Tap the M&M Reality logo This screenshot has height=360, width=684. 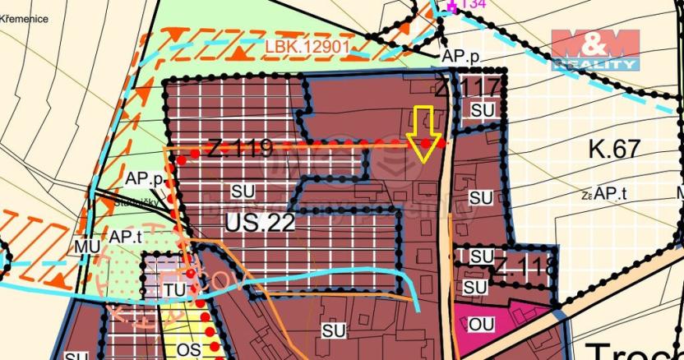(x=595, y=50)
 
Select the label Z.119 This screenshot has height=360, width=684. (x=239, y=149)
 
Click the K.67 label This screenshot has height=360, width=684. (x=614, y=149)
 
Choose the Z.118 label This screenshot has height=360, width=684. (x=525, y=267)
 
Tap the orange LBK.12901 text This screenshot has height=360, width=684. (x=307, y=48)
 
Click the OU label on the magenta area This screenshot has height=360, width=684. (x=482, y=325)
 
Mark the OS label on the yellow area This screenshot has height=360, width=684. (x=189, y=349)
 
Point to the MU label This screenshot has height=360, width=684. (x=87, y=246)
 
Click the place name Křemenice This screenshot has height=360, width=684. (x=25, y=17)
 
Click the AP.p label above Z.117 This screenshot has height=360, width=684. (x=460, y=58)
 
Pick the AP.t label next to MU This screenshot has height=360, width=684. (x=127, y=237)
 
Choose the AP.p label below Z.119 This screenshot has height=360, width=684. (x=142, y=178)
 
